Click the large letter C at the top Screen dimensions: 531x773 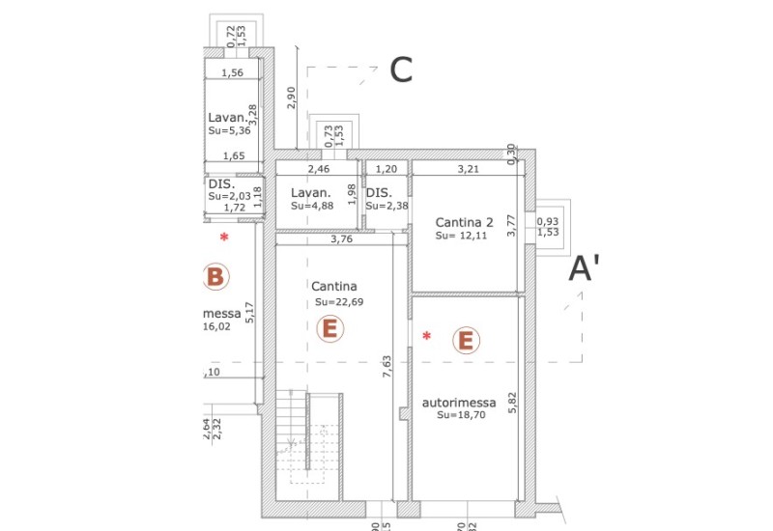[x=401, y=70]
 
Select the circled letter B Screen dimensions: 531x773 [x=215, y=278]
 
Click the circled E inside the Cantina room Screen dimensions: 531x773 [x=329, y=329]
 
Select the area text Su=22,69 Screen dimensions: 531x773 [x=339, y=302]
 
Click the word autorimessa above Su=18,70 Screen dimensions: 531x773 [x=460, y=402]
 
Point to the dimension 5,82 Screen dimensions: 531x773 [x=513, y=400]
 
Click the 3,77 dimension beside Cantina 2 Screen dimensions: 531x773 [x=513, y=238]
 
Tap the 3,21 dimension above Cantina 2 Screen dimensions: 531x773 [x=469, y=169]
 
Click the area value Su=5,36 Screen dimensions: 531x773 [x=228, y=130]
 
